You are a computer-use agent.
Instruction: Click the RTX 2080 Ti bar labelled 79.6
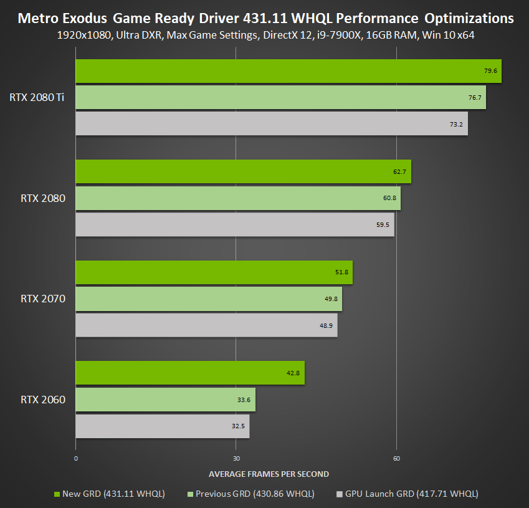click(288, 71)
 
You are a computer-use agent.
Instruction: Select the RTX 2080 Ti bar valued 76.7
click(280, 97)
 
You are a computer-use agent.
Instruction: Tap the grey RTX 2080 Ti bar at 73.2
click(272, 123)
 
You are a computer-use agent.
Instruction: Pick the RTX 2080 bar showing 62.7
click(243, 171)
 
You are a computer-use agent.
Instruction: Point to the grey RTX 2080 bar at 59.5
click(235, 224)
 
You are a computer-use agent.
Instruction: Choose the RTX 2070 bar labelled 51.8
click(214, 272)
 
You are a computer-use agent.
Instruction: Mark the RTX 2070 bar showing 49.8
click(209, 299)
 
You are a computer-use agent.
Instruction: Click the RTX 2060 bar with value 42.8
click(190, 373)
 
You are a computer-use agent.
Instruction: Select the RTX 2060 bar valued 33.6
click(165, 399)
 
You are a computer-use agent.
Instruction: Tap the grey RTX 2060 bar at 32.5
click(162, 426)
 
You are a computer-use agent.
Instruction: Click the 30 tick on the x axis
click(236, 458)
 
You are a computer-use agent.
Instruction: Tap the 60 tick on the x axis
click(396, 458)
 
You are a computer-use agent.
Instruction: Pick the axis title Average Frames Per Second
click(269, 474)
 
